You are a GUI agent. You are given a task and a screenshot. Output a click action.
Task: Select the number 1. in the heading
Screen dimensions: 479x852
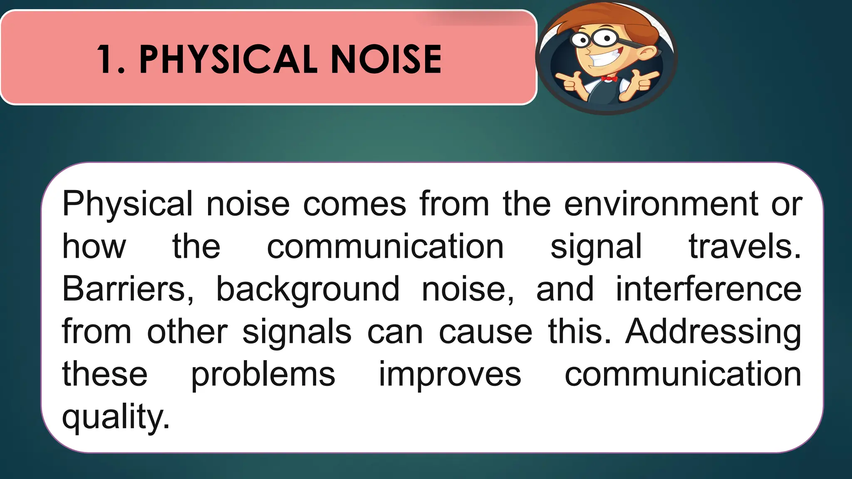click(111, 60)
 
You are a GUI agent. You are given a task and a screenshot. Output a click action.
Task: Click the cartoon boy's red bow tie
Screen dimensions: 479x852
click(609, 79)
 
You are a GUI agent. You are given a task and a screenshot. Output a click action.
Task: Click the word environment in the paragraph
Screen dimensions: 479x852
click(661, 204)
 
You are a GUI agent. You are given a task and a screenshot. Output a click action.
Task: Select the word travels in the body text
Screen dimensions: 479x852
click(744, 247)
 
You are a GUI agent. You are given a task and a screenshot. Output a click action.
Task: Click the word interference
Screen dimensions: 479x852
click(708, 289)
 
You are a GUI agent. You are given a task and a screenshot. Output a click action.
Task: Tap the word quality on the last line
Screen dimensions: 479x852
click(116, 417)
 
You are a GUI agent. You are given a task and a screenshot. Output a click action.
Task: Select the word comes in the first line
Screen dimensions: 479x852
click(354, 204)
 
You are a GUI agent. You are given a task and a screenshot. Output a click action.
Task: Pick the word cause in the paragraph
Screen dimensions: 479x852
click(485, 332)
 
